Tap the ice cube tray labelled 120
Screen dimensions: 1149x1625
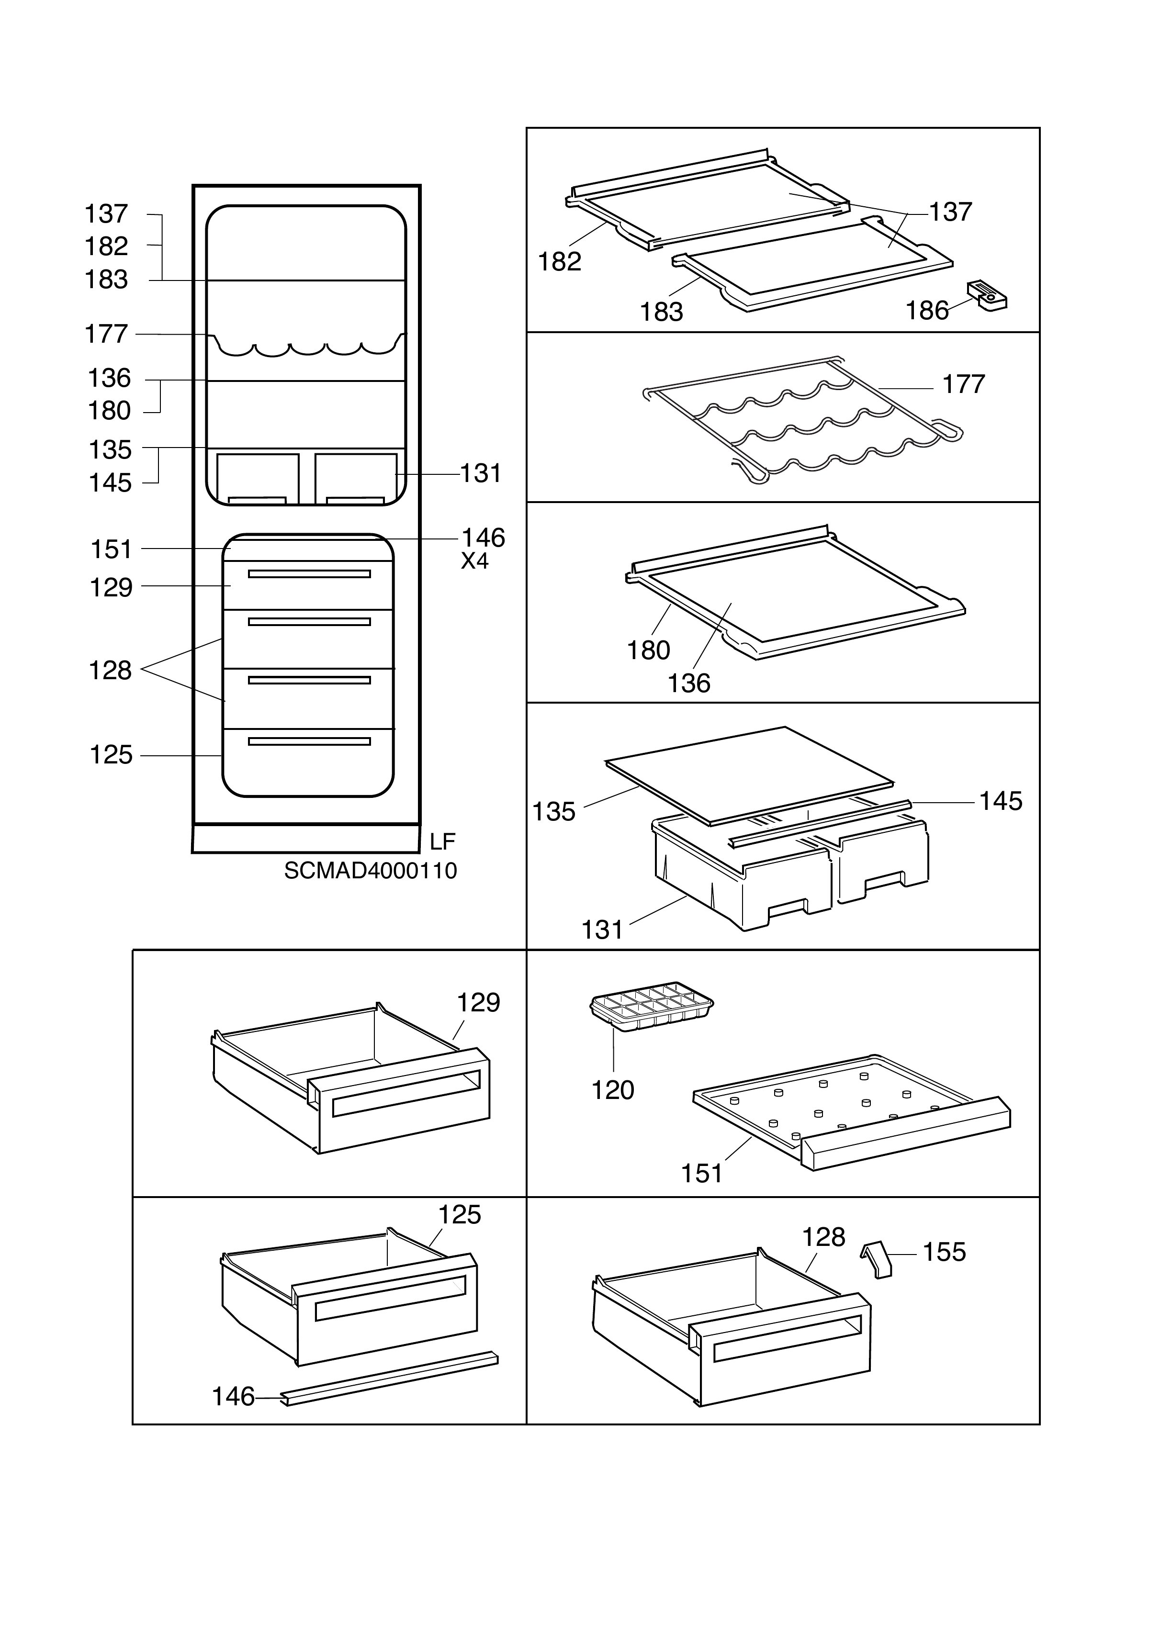click(x=651, y=1006)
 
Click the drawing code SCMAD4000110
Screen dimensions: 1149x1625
click(x=370, y=871)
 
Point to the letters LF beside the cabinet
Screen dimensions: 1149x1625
click(x=442, y=841)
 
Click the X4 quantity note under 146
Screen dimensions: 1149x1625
click(x=475, y=561)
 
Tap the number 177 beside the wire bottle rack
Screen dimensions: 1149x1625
click(x=964, y=384)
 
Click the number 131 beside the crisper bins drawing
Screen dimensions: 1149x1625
click(x=602, y=929)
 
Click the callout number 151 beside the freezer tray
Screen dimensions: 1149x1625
click(x=701, y=1174)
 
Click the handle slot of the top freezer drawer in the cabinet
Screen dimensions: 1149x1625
click(x=309, y=574)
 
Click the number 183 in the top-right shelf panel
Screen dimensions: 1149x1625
click(x=661, y=312)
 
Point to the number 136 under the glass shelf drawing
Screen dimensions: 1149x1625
click(x=689, y=683)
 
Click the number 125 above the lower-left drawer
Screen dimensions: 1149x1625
click(x=460, y=1214)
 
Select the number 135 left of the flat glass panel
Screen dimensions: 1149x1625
click(x=553, y=812)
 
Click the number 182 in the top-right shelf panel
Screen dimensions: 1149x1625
click(x=559, y=262)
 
